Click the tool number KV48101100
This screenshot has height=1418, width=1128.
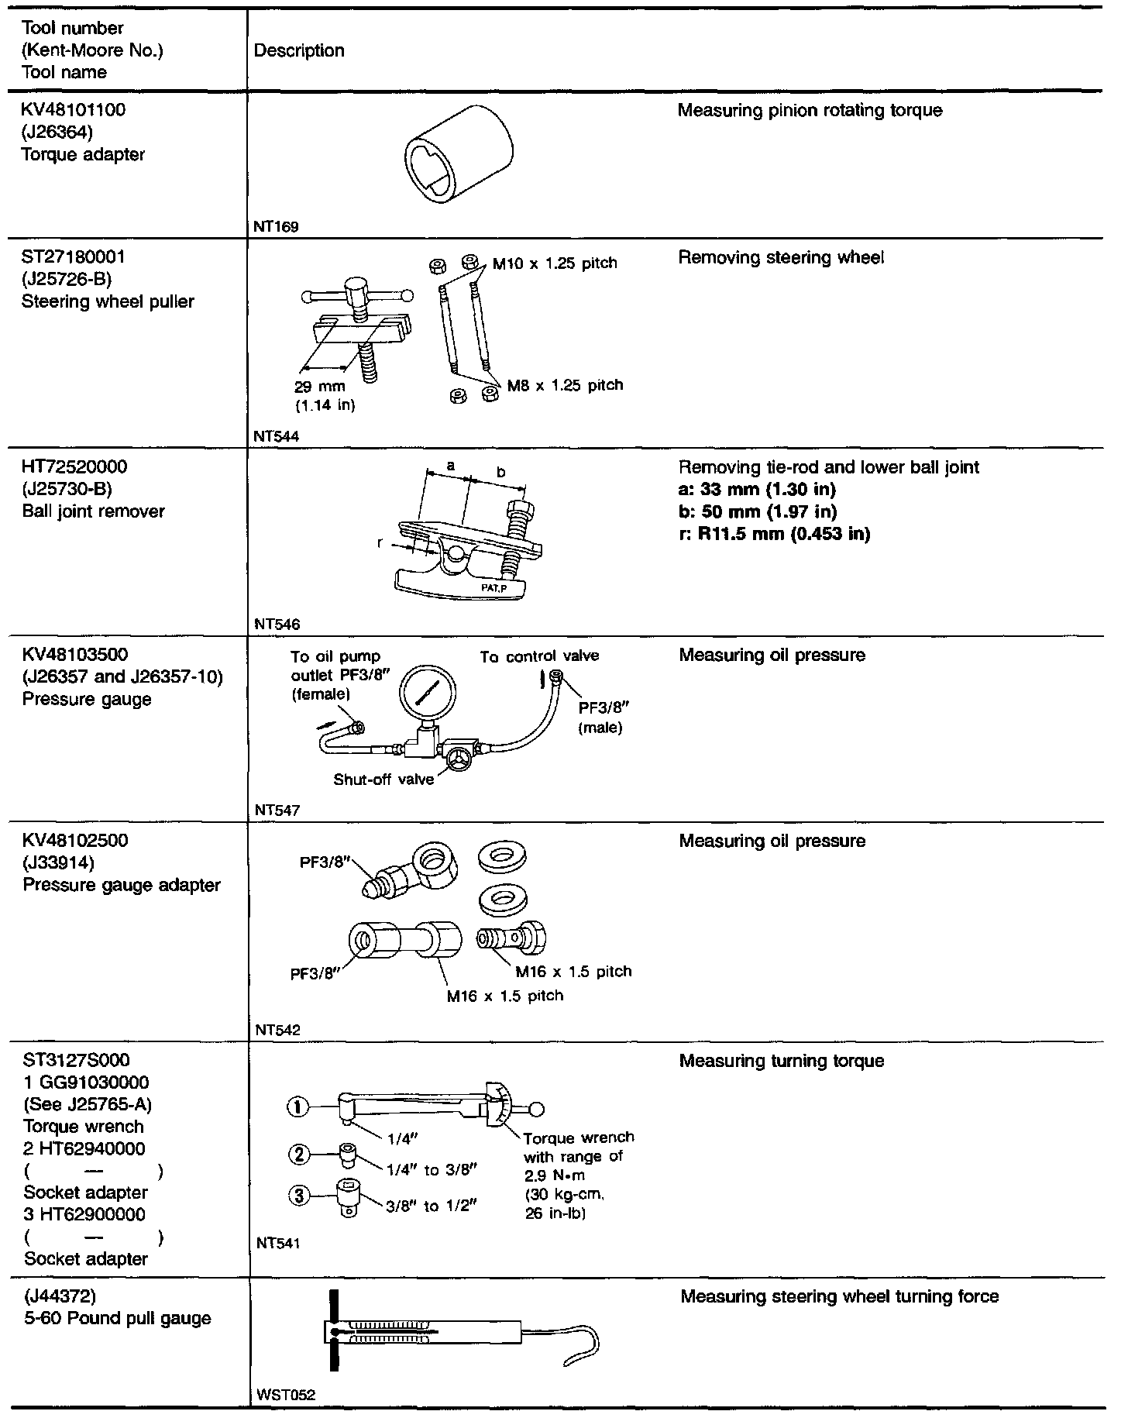click(74, 110)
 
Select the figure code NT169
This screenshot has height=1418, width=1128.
click(276, 227)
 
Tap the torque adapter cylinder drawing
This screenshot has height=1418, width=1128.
click(459, 152)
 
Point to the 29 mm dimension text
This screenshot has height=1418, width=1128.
click(320, 387)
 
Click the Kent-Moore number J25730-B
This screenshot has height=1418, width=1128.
click(67, 489)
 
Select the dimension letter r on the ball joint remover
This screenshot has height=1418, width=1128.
click(380, 543)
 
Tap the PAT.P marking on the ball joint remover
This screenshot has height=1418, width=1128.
click(497, 587)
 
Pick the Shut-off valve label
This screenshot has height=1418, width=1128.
click(383, 780)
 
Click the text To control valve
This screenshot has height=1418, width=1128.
click(539, 656)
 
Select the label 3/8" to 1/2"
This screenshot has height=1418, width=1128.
click(431, 1206)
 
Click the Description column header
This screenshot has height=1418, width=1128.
click(299, 51)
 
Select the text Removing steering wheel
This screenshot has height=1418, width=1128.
click(781, 258)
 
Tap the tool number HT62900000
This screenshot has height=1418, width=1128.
click(84, 1214)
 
